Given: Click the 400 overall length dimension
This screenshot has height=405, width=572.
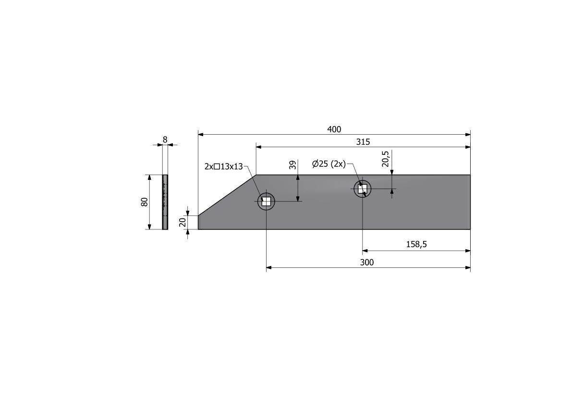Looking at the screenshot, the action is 334,129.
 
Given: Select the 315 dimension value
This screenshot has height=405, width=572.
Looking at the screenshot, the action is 363,142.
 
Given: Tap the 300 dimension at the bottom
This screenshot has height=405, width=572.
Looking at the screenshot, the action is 367,262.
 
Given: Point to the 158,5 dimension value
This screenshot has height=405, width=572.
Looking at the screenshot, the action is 416,244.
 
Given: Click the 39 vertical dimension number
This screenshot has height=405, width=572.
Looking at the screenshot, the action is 292,165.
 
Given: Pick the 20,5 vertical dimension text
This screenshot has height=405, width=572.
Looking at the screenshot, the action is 386,159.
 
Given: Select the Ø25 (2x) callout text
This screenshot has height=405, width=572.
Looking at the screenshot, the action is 329,164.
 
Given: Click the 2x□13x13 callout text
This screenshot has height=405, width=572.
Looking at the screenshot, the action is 224,166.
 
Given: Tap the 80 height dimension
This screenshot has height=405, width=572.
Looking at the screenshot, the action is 145,202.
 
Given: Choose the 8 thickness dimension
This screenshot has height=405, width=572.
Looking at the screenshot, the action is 165,139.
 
